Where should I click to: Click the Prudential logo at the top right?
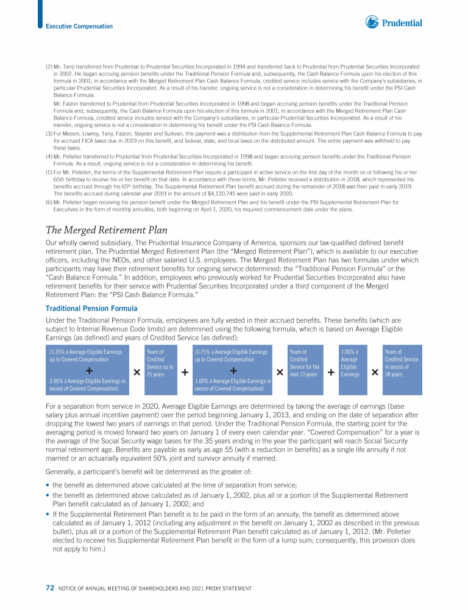(393, 23)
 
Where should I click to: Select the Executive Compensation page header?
(79, 26)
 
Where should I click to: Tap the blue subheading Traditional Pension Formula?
(91, 309)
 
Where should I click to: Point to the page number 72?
(51, 587)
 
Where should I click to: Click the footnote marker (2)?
(49, 66)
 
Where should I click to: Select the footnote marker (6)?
(49, 201)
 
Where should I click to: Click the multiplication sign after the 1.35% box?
(136, 372)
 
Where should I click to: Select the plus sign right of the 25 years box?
(184, 372)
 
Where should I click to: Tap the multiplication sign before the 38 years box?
(375, 372)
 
